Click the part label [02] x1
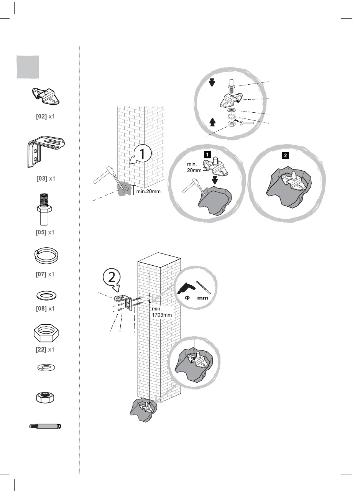[46, 116]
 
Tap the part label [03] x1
[46, 178]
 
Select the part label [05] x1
[46, 232]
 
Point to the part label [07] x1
[46, 274]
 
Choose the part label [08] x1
[46, 308]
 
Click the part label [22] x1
[46, 350]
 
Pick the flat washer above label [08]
[46, 295]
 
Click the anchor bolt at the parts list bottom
[46, 426]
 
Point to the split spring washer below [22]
[45, 367]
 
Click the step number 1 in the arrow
[142, 154]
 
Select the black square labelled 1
[207, 154]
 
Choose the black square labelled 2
[285, 156]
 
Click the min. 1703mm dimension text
[161, 311]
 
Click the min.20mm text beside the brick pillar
[148, 191]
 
